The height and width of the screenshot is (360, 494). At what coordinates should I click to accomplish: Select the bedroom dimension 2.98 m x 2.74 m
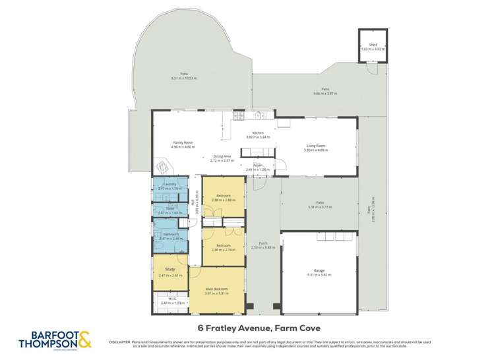(x=223, y=251)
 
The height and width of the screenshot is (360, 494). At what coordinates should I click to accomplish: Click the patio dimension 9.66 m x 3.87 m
(x=325, y=94)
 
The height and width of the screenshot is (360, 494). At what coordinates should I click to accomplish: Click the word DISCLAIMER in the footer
(x=119, y=342)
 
